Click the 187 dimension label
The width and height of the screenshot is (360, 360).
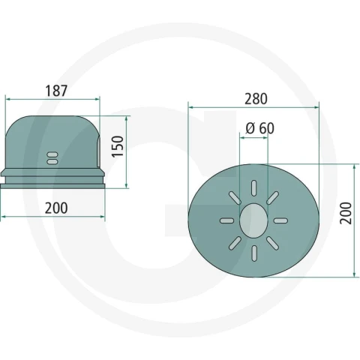pos(56,91)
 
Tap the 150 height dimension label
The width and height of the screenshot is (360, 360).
pos(118,146)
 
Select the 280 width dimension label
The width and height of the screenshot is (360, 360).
pos(256,99)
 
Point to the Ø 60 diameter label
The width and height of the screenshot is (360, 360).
pos(260,128)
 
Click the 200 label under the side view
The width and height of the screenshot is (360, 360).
pos(56,208)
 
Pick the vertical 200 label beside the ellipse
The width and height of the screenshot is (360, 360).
pos(346,213)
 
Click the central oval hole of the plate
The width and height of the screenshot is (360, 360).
pos(253,220)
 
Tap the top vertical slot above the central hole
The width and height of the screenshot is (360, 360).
pos(254,188)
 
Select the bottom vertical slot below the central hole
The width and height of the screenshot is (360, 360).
pos(254,253)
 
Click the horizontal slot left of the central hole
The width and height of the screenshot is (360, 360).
pos(227,220)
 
